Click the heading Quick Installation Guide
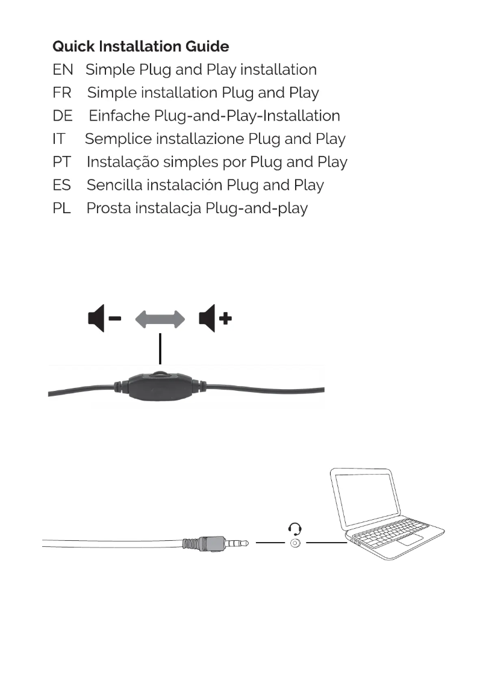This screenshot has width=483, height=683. tap(140, 46)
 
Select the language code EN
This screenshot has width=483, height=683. tap(63, 70)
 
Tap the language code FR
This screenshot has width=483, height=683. tap(62, 93)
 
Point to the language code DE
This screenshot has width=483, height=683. tap(63, 116)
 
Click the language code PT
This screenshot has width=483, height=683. tap(61, 162)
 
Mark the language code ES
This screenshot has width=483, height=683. tap(62, 185)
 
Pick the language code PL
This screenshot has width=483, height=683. tap(62, 208)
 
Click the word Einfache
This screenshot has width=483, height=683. tap(119, 116)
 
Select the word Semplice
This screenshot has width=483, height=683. tap(117, 140)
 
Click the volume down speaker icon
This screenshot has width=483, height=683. tap(103, 319)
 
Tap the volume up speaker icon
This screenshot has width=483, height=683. tap(214, 319)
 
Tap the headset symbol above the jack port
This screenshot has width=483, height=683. tap(295, 529)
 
